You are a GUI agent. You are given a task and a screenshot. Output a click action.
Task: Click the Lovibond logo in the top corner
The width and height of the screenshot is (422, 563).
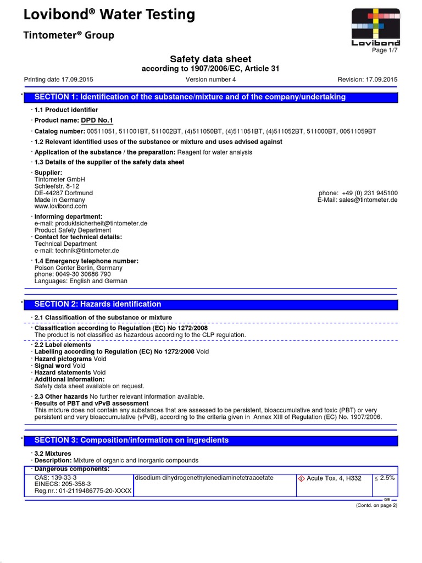point(376,26)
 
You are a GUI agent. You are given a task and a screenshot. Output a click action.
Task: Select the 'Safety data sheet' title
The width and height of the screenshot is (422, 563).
point(211,59)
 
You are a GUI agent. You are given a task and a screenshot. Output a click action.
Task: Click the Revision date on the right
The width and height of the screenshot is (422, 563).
point(367,80)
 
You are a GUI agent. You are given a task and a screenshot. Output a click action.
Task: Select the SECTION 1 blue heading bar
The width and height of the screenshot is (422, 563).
point(214,97)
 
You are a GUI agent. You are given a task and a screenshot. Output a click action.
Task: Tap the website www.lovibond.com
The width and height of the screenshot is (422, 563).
point(60,206)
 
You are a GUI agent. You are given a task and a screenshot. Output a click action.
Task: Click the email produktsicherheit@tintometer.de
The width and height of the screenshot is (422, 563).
point(91,224)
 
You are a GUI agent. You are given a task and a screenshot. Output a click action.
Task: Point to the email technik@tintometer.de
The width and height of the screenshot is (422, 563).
point(77,250)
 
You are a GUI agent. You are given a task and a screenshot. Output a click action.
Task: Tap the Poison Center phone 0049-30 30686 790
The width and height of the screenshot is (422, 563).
point(73,274)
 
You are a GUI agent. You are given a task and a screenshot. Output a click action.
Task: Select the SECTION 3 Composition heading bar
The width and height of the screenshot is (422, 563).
point(214,440)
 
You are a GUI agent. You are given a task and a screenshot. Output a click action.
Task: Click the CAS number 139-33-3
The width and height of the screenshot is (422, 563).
point(55,478)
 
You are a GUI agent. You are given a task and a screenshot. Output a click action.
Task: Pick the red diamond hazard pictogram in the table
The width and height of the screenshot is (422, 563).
point(301,478)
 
